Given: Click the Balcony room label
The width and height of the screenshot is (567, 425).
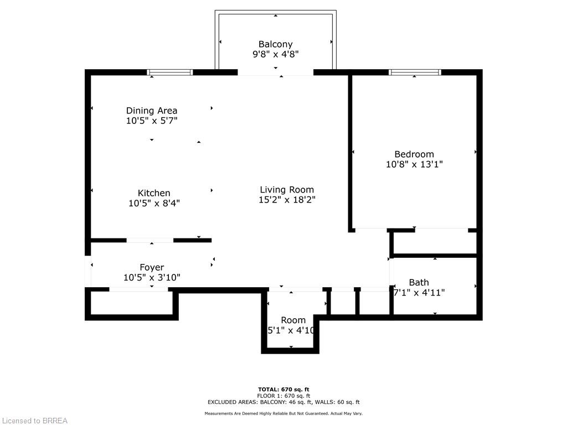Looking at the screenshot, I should [275, 44].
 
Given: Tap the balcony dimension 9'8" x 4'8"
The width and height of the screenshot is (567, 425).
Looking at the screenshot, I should [275, 54].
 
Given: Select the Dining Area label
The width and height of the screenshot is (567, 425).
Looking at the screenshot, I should [152, 111].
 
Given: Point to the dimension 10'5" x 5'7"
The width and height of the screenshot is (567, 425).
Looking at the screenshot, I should [152, 121].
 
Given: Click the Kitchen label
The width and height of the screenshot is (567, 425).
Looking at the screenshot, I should [154, 193].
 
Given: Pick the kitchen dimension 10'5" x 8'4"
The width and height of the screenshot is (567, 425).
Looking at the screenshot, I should [154, 203].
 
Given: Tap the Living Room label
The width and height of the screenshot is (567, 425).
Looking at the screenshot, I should [287, 190].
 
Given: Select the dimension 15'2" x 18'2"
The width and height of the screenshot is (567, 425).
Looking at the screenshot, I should [287, 200].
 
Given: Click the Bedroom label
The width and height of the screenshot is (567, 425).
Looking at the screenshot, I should [414, 154].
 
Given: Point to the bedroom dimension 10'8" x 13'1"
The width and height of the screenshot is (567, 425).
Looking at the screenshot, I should [414, 164].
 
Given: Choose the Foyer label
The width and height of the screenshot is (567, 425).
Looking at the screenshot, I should [152, 267].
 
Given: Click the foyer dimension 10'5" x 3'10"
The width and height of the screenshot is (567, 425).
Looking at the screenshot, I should [152, 277].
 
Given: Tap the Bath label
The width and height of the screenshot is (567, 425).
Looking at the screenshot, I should [419, 282].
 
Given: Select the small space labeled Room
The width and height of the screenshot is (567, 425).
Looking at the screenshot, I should [293, 320].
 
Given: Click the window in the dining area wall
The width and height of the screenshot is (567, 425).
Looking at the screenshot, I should [169, 72].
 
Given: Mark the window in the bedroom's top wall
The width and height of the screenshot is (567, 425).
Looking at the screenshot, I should [415, 72].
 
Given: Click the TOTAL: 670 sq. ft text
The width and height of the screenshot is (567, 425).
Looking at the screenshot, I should [283, 389].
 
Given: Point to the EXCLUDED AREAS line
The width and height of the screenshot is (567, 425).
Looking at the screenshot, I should [283, 402].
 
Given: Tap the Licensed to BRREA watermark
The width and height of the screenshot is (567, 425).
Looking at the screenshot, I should [34, 421].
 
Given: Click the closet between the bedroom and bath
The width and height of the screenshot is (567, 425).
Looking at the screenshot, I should [434, 242].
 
